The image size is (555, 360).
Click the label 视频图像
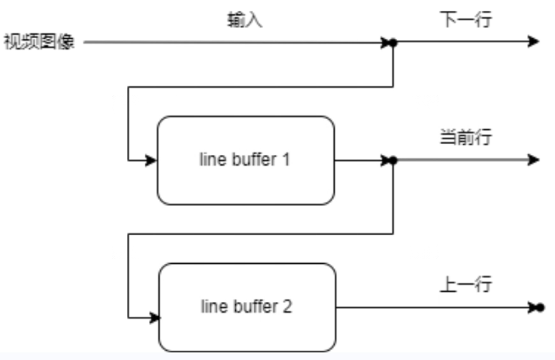click(x=39, y=42)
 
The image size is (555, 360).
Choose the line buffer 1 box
click(x=245, y=160)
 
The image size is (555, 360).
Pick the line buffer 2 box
click(x=247, y=306)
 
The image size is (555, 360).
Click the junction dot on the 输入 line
click(x=393, y=42)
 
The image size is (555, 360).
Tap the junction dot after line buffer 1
click(x=393, y=161)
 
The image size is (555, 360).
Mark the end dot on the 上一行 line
click(x=540, y=308)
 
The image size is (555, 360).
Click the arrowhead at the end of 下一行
click(x=533, y=42)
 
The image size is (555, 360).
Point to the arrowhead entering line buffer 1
click(x=151, y=161)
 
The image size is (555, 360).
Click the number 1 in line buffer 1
click(x=285, y=160)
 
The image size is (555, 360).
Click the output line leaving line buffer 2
click(x=430, y=308)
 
